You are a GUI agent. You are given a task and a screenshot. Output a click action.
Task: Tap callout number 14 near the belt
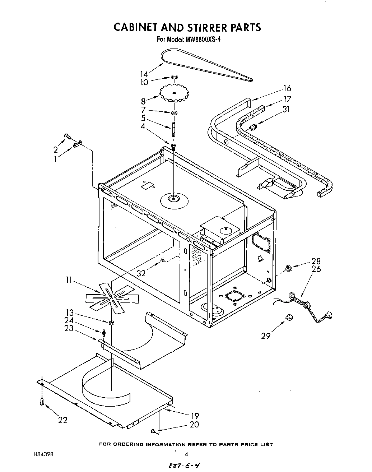pyautogui.click(x=144, y=74)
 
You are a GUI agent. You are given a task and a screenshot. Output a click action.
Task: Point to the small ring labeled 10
pyautogui.click(x=174, y=77)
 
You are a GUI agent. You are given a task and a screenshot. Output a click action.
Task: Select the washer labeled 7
pyautogui.click(x=174, y=114)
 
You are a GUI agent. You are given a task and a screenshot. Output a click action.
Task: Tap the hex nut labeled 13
pyautogui.click(x=111, y=322)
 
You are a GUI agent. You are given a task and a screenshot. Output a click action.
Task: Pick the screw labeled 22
pyautogui.click(x=42, y=401)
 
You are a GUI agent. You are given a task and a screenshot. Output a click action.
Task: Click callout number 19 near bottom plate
pyautogui.click(x=195, y=416)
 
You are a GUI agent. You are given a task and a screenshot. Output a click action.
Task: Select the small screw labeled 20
pyautogui.click(x=153, y=431)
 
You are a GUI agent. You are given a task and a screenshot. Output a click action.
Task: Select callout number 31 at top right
pyautogui.click(x=286, y=110)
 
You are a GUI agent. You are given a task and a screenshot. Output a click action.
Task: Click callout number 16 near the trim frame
pyautogui.click(x=287, y=88)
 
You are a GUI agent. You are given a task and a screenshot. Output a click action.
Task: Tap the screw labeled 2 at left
pyautogui.click(x=67, y=136)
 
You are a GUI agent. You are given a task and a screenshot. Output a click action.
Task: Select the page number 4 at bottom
pyautogui.click(x=186, y=454)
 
